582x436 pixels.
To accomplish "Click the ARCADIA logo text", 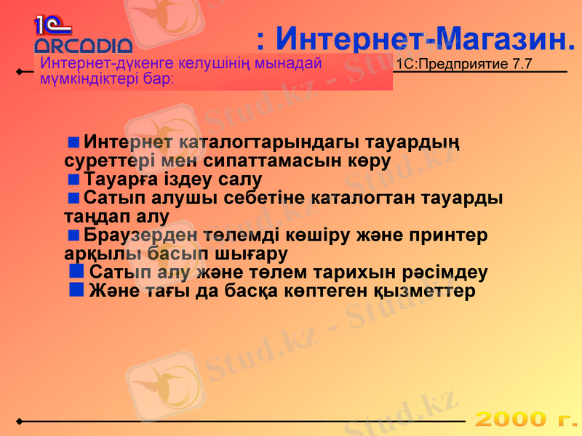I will [x=83, y=46].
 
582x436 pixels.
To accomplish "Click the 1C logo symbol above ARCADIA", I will [x=51, y=26].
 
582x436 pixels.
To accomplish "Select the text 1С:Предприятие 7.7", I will [x=464, y=64].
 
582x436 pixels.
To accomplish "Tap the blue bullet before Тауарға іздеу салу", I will [x=73, y=178].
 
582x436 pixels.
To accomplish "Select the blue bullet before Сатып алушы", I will [x=73, y=197].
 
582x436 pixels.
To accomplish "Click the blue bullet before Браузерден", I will [x=73, y=235].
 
